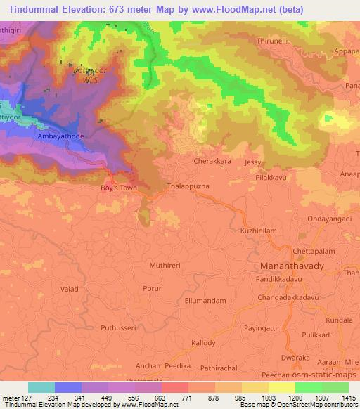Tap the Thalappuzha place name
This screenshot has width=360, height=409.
point(188,187)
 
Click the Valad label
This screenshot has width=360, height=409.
point(69,288)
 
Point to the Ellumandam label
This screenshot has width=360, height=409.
point(205,301)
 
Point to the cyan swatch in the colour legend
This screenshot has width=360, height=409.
point(41,387)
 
